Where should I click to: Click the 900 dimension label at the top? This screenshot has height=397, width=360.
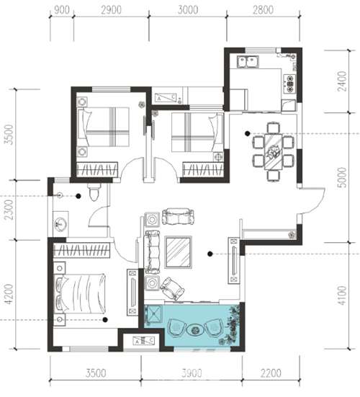coord(62,10)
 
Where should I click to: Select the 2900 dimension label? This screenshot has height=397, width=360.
coord(112,10)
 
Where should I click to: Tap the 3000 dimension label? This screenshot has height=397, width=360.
coord(188,10)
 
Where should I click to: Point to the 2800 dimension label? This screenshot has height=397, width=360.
coord(263,10)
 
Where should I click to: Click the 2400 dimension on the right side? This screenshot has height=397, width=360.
coord(342,81)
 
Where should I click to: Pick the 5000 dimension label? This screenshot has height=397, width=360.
coord(342,177)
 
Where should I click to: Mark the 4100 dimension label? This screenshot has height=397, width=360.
coord(342,295)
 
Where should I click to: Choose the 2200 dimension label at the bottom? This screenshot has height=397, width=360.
coord(271,373)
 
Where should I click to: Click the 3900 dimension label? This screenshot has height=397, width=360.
coord(192,373)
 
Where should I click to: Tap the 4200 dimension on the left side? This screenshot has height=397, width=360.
coord(9,294)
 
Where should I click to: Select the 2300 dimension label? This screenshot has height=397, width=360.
coord(9,210)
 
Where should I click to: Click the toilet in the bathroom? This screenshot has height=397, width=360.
coord(94,192)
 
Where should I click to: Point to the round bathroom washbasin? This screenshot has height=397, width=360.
coord(60,224)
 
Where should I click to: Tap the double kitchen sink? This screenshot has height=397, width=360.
coord(248,61)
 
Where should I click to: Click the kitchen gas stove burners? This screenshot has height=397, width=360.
coord(290,83)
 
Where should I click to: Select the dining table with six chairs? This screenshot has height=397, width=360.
coord(274,151)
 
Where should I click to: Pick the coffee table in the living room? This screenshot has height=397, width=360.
coord(178,252)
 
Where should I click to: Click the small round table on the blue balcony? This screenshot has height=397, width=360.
coord(195,329)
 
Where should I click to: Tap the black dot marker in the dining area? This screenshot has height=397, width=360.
coord(247,133)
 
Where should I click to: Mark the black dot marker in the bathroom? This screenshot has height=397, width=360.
coord(78,196)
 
